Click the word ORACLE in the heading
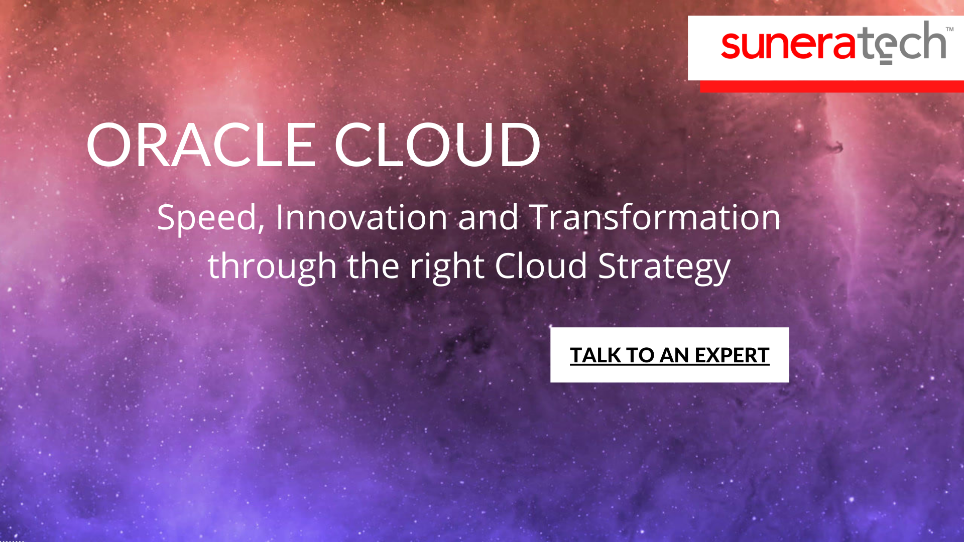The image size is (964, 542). point(201,146)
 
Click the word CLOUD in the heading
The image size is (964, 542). point(437,146)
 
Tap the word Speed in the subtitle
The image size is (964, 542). point(207,218)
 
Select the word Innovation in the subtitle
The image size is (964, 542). point(361,217)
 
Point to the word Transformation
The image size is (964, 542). point(654,217)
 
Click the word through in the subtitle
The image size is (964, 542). point(272,266)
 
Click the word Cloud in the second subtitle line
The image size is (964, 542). point(540,265)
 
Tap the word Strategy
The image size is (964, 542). point(664,266)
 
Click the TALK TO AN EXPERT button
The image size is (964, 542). point(669,355)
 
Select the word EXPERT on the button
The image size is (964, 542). point(732,355)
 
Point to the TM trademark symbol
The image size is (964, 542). point(949,29)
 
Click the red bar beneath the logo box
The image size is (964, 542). point(831,86)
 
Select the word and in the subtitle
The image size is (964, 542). point(488,217)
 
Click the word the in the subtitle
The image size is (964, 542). point(373,265)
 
